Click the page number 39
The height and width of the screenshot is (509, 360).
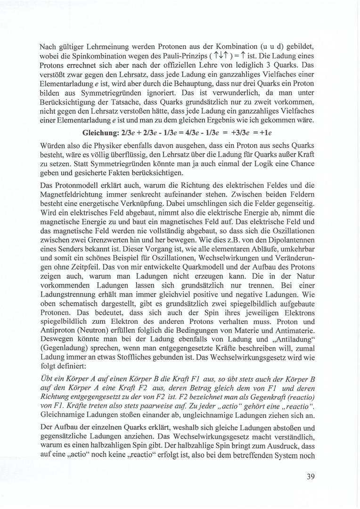point(310,476)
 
